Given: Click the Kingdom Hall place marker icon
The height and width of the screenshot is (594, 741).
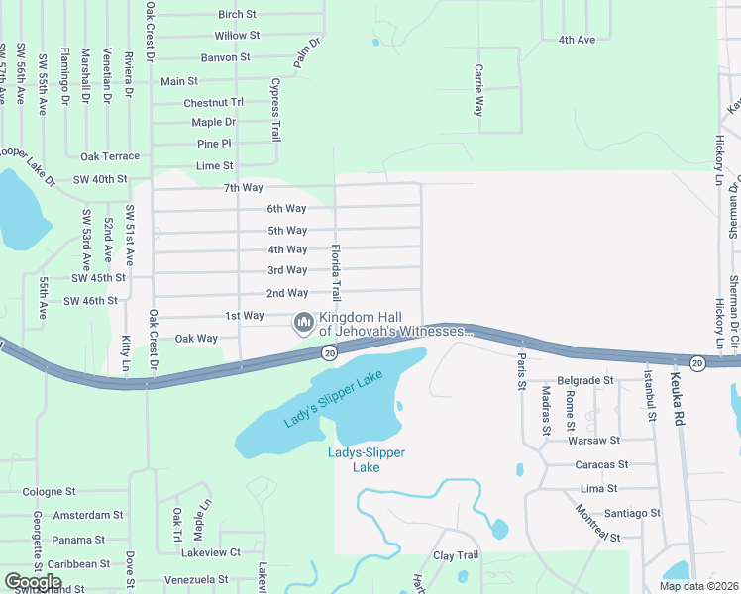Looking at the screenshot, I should point(302,324).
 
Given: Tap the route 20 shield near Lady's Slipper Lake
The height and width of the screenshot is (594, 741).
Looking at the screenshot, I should point(330,352).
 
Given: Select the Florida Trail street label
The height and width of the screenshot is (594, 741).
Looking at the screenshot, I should point(336,273).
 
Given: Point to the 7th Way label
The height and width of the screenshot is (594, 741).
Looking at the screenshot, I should point(243,187).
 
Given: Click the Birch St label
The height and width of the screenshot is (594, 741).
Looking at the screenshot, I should point(237,14).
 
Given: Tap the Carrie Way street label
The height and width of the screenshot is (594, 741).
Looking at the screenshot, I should point(478,91).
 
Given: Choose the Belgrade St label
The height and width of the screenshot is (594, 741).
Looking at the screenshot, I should point(586,380).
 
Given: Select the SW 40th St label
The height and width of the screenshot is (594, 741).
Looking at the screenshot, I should point(101,179).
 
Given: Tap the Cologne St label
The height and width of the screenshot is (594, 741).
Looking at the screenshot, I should point(50,491).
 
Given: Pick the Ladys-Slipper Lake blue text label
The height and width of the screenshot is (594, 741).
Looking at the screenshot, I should point(367,459).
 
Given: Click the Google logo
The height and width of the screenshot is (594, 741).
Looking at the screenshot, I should point(33,582).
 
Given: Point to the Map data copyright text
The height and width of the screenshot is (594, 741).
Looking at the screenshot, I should point(699,586).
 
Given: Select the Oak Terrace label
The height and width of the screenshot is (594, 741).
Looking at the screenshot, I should point(110,156).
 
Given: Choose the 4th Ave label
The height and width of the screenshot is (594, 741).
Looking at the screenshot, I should point(577,40).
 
